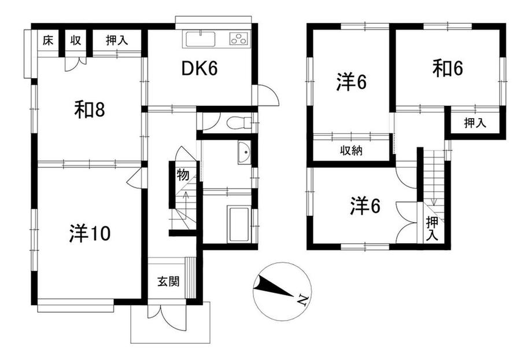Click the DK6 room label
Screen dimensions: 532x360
[x=199, y=69]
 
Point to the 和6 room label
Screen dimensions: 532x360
[x=448, y=69]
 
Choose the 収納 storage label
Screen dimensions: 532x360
[x=350, y=151]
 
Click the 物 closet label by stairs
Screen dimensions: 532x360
[x=183, y=174]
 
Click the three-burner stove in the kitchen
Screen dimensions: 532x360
[x=238, y=39]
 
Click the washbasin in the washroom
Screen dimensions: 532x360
[x=243, y=154]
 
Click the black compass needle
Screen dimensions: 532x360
[x=272, y=286]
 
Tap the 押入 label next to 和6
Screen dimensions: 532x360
[x=474, y=123]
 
